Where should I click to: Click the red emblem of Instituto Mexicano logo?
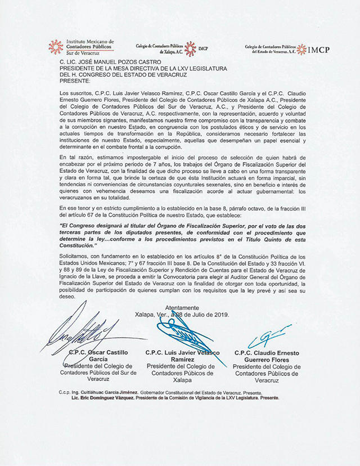pyautogui.click(x=56, y=46)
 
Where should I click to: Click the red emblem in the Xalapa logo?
pyautogui.click(x=191, y=48)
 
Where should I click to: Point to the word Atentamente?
pyautogui.click(x=182, y=308)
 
